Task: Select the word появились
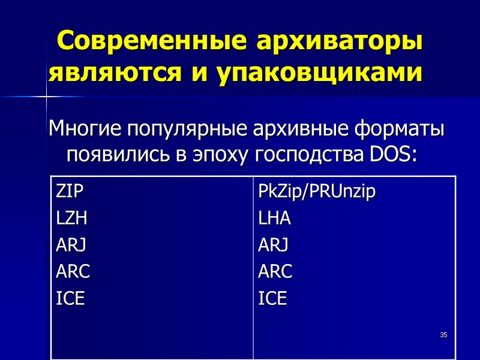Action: click(x=118, y=155)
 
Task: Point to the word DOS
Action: click(x=392, y=155)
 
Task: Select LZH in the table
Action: click(x=71, y=219)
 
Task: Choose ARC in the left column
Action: click(x=73, y=272)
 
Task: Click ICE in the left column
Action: click(x=70, y=298)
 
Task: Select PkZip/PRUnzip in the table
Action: click(x=316, y=193)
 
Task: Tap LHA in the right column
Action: click(x=274, y=219)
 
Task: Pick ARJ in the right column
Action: click(x=273, y=245)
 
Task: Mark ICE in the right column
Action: click(x=272, y=298)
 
